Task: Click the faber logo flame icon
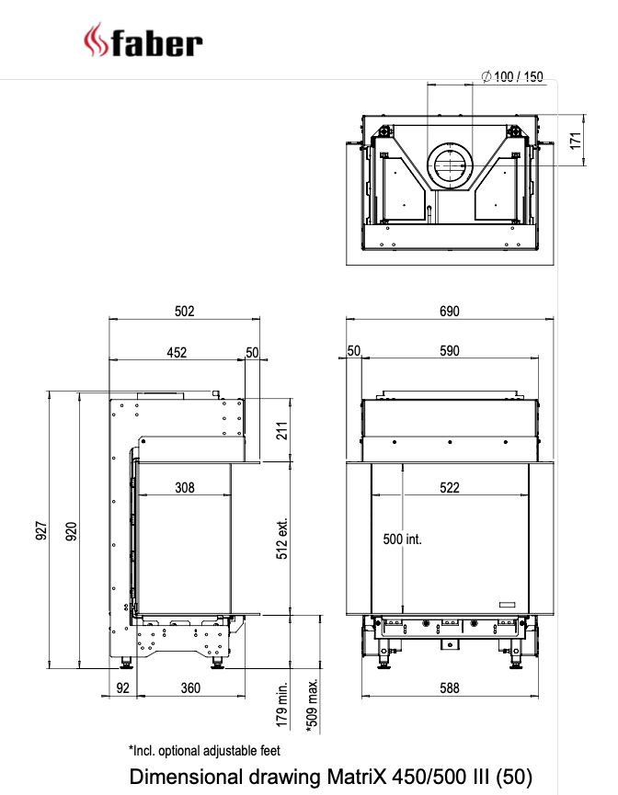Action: click(x=94, y=40)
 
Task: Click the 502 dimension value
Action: click(x=185, y=312)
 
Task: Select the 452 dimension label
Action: click(x=177, y=351)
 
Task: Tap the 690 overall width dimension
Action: click(x=449, y=312)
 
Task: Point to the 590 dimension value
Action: click(x=449, y=351)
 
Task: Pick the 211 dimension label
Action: click(x=283, y=430)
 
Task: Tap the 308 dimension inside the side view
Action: click(x=185, y=488)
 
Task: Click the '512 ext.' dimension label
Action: click(x=283, y=537)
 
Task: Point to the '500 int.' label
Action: click(x=402, y=539)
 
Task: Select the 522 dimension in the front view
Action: click(x=449, y=488)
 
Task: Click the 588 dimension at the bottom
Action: click(x=449, y=687)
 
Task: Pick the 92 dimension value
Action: click(x=122, y=687)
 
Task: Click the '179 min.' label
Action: click(x=283, y=706)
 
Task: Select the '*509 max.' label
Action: click(x=313, y=706)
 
